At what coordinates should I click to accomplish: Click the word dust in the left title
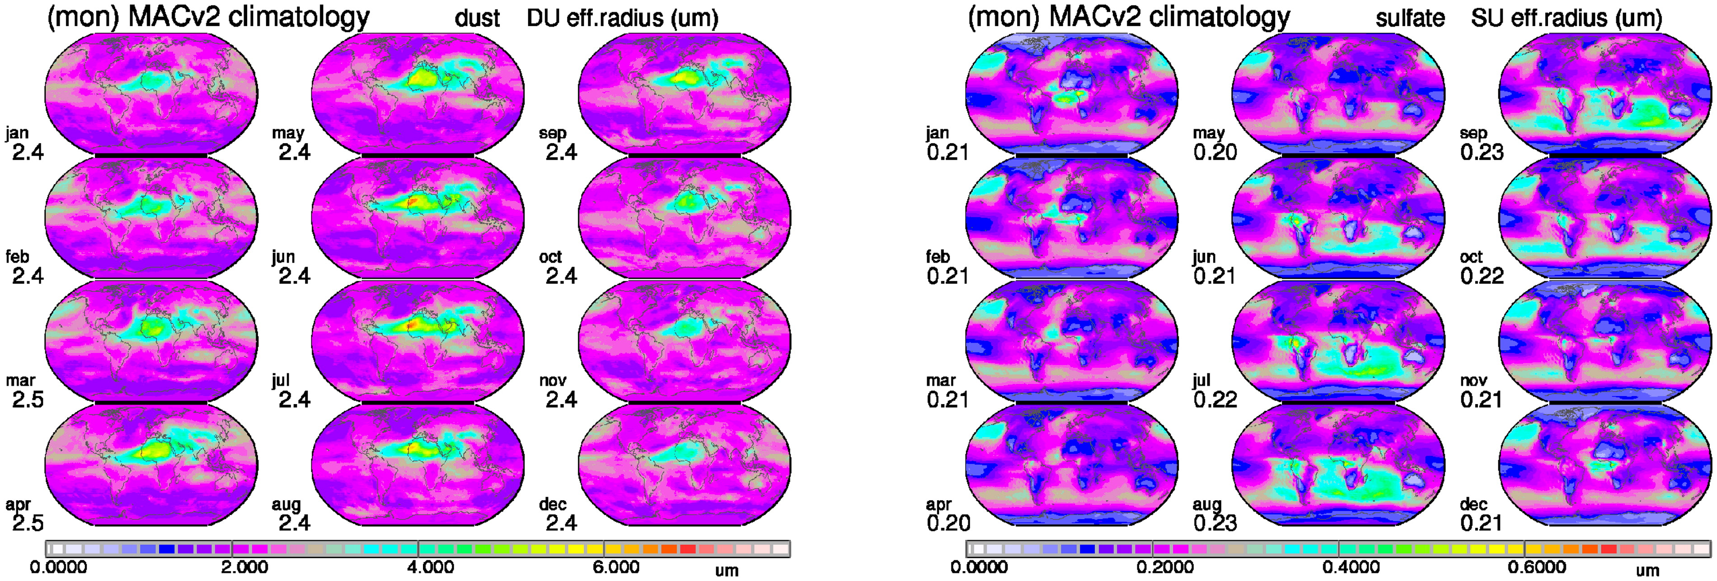pos(477,19)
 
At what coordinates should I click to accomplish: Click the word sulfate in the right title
pos(1410,19)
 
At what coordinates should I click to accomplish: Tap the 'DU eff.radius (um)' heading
pos(623,19)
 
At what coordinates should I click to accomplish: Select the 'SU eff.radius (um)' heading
pos(1567,19)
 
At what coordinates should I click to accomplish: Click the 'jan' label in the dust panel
pos(17,133)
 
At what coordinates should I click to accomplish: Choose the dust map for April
pos(151,465)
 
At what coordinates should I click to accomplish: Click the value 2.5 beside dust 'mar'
pos(28,400)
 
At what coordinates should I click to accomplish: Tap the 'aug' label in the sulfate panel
pos(1207,504)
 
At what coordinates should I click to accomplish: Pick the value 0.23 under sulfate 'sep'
pos(1482,153)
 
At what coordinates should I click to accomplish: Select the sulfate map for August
pos(1338,465)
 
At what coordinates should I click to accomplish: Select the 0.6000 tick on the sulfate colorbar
pos(1537,567)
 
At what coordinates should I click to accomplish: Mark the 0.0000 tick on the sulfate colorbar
pos(979,567)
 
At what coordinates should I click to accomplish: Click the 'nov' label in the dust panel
pos(553,381)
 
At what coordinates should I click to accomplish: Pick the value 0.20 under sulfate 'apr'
pos(948,523)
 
